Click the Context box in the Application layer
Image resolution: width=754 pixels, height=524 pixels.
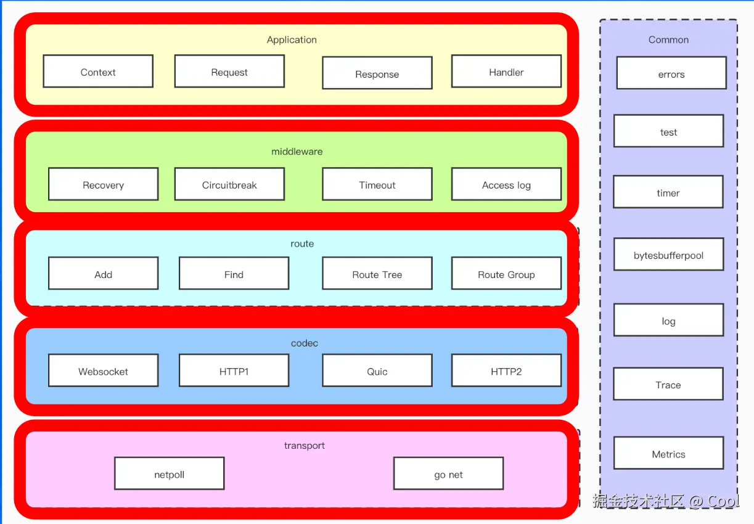tap(98, 72)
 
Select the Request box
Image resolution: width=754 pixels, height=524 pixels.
tap(229, 72)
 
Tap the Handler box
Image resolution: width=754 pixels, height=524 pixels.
tap(506, 72)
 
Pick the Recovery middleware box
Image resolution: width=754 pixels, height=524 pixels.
tap(103, 184)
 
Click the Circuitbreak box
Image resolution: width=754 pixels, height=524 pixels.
tap(229, 184)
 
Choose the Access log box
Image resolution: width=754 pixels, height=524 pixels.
tap(506, 184)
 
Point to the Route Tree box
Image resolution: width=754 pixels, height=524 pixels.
tap(377, 274)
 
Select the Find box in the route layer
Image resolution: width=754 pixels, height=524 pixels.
tap(234, 274)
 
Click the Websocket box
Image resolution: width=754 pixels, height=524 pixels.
tap(103, 370)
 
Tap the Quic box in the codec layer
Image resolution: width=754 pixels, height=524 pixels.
tap(377, 370)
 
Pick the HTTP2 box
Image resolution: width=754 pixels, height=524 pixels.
tap(506, 370)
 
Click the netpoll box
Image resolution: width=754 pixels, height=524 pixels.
tap(169, 473)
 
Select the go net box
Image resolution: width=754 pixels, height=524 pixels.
tap(448, 473)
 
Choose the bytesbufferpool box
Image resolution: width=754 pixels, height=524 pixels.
tap(668, 255)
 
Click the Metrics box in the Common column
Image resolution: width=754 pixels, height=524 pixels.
tap(668, 453)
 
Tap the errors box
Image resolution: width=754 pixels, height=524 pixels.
tap(671, 73)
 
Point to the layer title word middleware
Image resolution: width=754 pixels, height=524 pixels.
tap(297, 152)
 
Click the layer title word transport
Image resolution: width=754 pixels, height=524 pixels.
tap(304, 445)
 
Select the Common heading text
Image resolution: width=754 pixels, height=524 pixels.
tap(668, 39)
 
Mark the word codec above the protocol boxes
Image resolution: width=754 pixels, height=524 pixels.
tap(304, 343)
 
